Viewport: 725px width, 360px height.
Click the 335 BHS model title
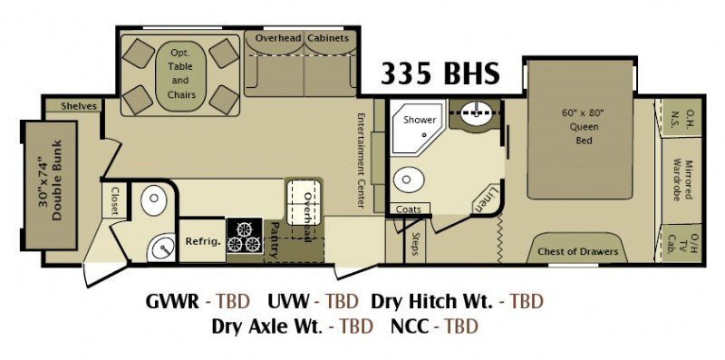click(x=440, y=74)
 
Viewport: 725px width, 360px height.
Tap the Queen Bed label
click(x=584, y=126)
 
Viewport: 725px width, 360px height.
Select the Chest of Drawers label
click(x=577, y=252)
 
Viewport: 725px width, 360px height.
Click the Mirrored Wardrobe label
click(x=683, y=180)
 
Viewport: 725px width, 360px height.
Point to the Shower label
click(x=420, y=120)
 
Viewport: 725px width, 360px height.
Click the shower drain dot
click(x=423, y=135)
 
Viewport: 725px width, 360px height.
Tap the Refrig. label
click(x=203, y=241)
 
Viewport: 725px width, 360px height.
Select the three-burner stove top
click(x=245, y=236)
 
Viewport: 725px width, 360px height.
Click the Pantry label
click(x=275, y=239)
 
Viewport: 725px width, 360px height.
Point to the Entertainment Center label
click(x=362, y=161)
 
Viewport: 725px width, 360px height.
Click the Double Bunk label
click(x=52, y=180)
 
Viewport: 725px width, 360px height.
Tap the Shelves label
click(x=79, y=106)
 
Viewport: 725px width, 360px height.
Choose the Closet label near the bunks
click(x=115, y=201)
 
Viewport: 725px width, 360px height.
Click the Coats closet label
click(x=409, y=209)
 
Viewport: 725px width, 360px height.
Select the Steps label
click(x=415, y=244)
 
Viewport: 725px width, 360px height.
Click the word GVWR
click(x=172, y=302)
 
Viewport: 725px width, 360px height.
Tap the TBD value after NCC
click(x=461, y=326)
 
